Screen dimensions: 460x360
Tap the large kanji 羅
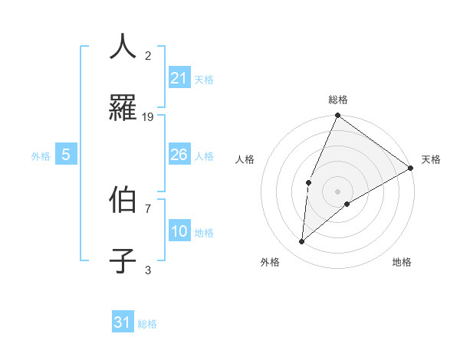point(123,109)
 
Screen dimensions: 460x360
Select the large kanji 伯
point(123,198)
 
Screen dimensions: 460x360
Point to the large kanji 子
point(123,260)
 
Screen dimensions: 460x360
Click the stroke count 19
point(148,117)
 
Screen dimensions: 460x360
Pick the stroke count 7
point(148,208)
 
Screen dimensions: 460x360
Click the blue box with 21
point(179,78)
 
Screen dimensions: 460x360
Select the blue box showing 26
point(179,155)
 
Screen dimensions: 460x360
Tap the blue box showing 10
point(179,231)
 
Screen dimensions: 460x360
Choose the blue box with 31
point(123,323)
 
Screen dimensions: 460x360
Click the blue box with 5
point(66,155)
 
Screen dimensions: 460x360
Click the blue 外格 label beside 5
point(41,155)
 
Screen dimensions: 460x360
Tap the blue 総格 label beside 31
point(147,324)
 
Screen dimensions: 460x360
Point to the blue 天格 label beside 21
point(204,79)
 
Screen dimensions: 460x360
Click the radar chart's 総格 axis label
point(338,100)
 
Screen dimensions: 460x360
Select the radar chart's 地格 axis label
point(402,263)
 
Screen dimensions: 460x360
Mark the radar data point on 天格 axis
point(411,168)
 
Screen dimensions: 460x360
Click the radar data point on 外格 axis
point(302,242)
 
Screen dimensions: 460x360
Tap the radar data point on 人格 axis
point(308,182)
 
